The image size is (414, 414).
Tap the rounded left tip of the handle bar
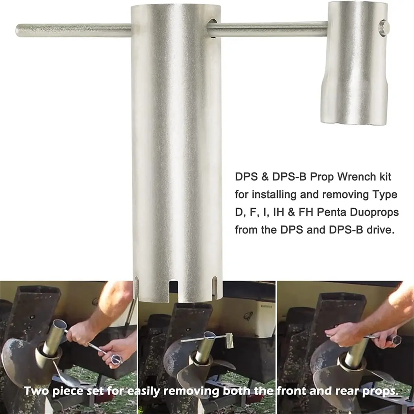pos(18,31)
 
